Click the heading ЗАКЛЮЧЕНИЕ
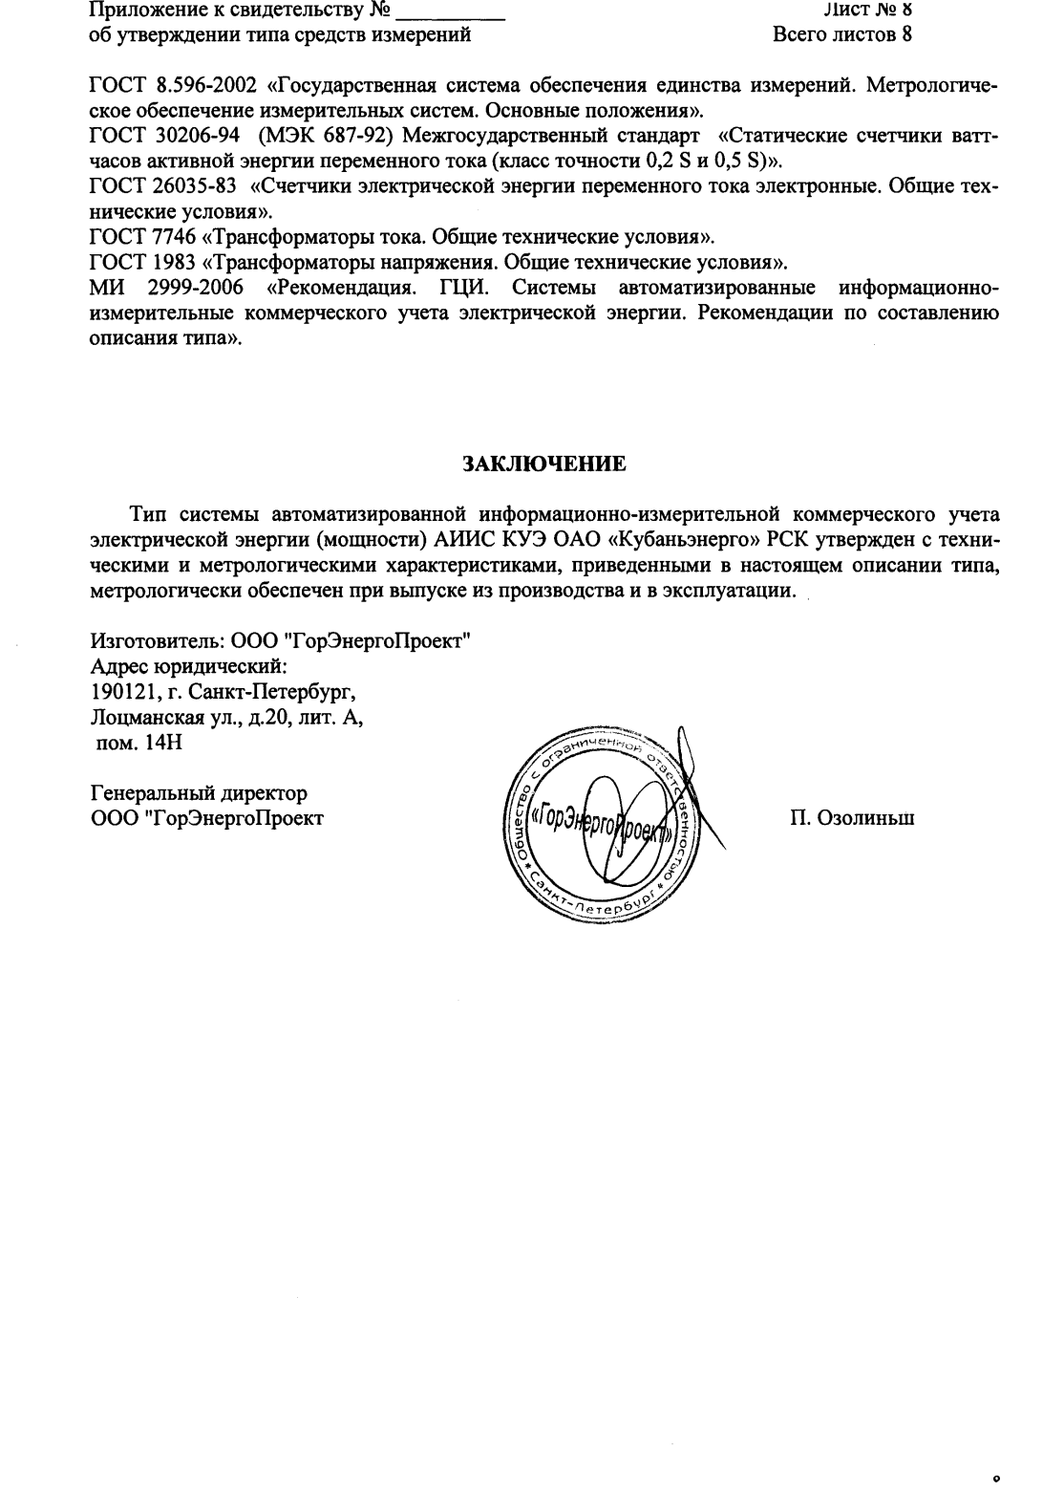coord(544,465)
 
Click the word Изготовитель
coord(155,640)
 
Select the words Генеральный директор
coord(199,792)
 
